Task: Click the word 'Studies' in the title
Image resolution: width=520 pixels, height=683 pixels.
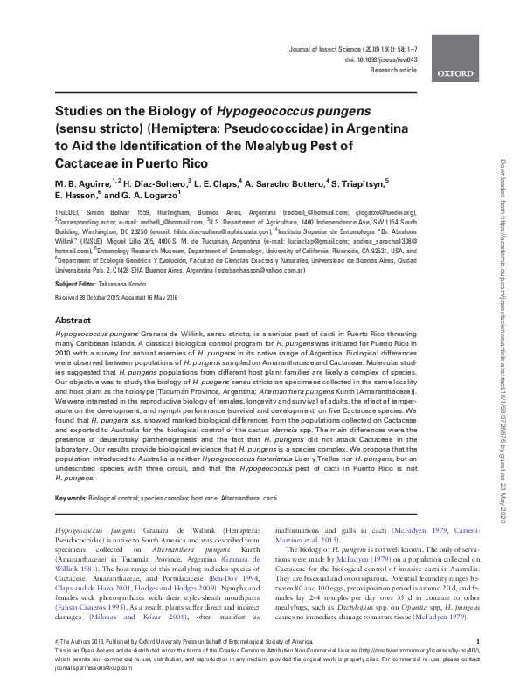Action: (x=81, y=112)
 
